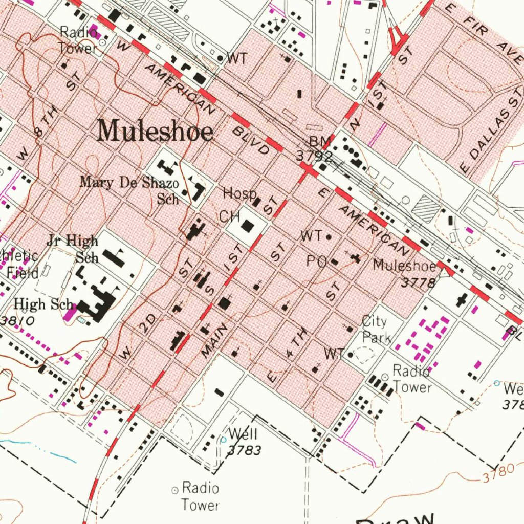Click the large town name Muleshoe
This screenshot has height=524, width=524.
click(x=155, y=131)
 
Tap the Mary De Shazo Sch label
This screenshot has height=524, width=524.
click(x=129, y=189)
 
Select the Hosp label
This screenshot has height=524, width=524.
click(x=239, y=194)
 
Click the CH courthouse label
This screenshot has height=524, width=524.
click(x=230, y=217)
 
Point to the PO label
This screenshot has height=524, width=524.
click(x=317, y=262)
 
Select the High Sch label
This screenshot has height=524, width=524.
click(x=44, y=304)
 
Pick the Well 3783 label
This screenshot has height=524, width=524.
click(x=243, y=442)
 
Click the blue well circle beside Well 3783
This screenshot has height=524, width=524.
click(x=223, y=440)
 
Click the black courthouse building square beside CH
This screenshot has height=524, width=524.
click(x=249, y=226)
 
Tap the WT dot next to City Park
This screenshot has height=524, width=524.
click(x=351, y=354)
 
